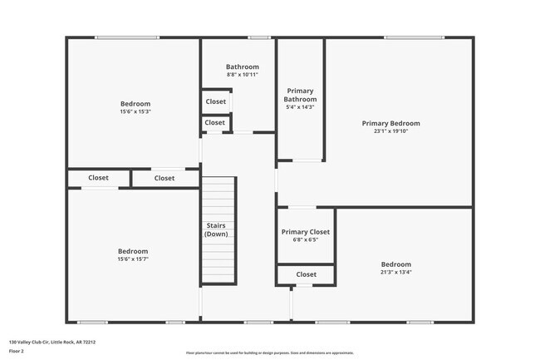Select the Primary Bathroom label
[301, 95]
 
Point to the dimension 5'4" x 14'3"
[301, 106]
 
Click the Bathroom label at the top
[243, 67]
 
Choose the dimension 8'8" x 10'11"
[243, 75]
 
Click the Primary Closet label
[306, 231]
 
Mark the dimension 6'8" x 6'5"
[306, 239]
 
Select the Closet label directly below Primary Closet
[306, 274]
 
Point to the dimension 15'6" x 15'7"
[133, 259]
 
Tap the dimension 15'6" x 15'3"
[135, 111]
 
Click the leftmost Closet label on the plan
[98, 177]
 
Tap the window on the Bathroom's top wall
[258, 37]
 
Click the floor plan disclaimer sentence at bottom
[269, 353]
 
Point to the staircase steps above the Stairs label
[219, 195]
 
